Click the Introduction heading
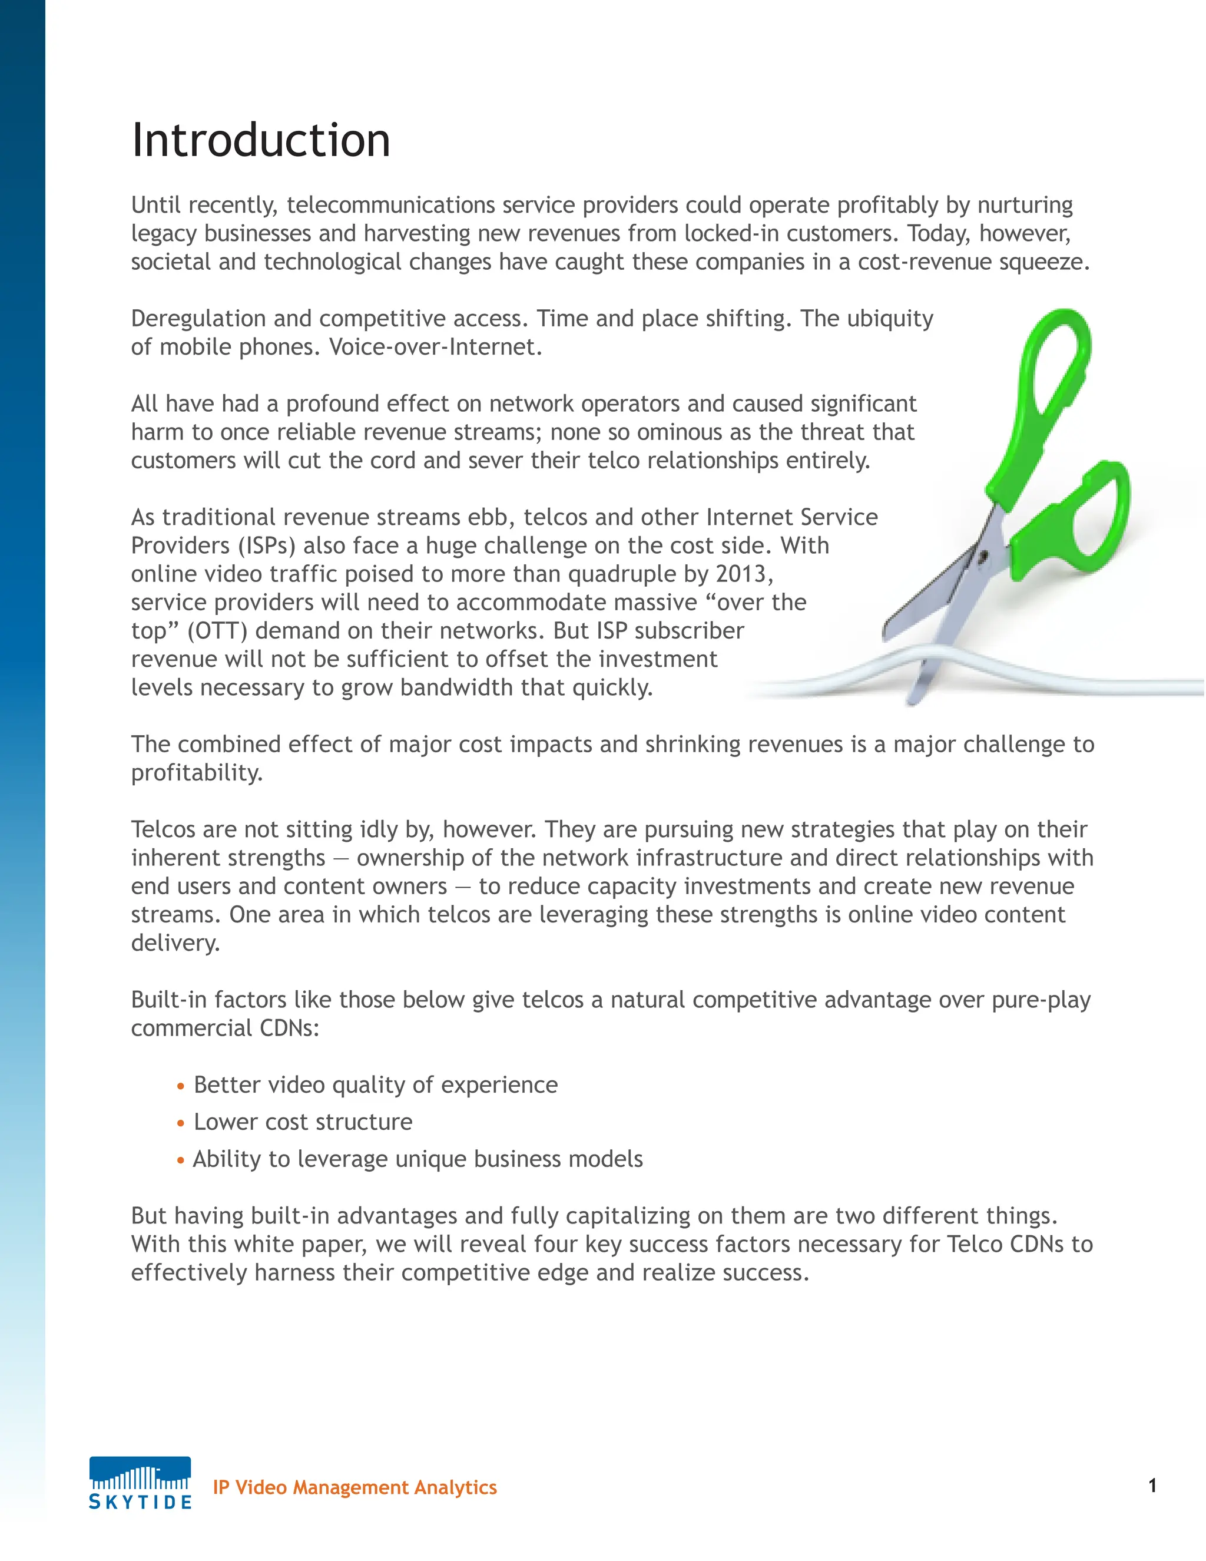click(x=261, y=140)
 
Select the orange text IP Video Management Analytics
click(x=354, y=1487)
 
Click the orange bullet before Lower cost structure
click(x=181, y=1123)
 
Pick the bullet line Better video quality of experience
click(x=375, y=1085)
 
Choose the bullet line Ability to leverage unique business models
click(x=418, y=1159)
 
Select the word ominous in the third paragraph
click(x=680, y=432)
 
